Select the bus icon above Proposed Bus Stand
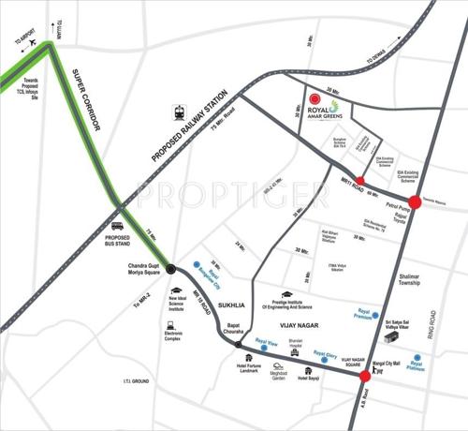[118, 225]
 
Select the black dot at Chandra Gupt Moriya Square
[170, 269]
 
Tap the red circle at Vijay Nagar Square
[363, 377]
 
